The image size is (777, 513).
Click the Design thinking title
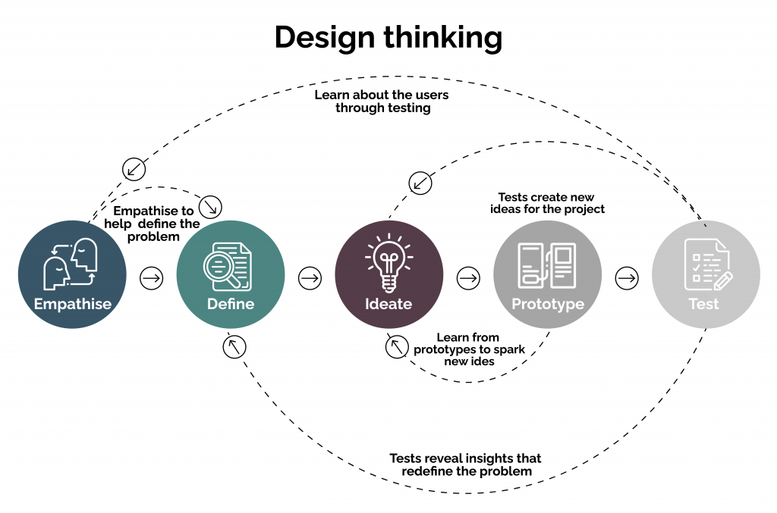(x=388, y=37)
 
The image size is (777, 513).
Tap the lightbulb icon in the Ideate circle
(x=388, y=262)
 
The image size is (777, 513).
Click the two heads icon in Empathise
(x=72, y=263)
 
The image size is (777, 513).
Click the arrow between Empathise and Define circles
(x=152, y=278)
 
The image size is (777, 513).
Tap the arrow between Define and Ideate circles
(x=310, y=278)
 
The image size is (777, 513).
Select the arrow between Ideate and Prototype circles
(x=468, y=278)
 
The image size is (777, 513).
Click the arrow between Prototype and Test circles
(x=627, y=278)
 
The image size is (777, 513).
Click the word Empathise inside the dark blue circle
(x=72, y=304)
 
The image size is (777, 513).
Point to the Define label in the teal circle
(x=231, y=304)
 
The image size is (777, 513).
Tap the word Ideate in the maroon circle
(x=388, y=304)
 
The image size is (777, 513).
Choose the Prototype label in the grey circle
(x=548, y=304)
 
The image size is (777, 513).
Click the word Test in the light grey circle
(x=703, y=304)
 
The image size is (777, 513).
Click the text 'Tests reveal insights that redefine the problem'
(x=466, y=465)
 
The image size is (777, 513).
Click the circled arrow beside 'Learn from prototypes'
(x=395, y=347)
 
